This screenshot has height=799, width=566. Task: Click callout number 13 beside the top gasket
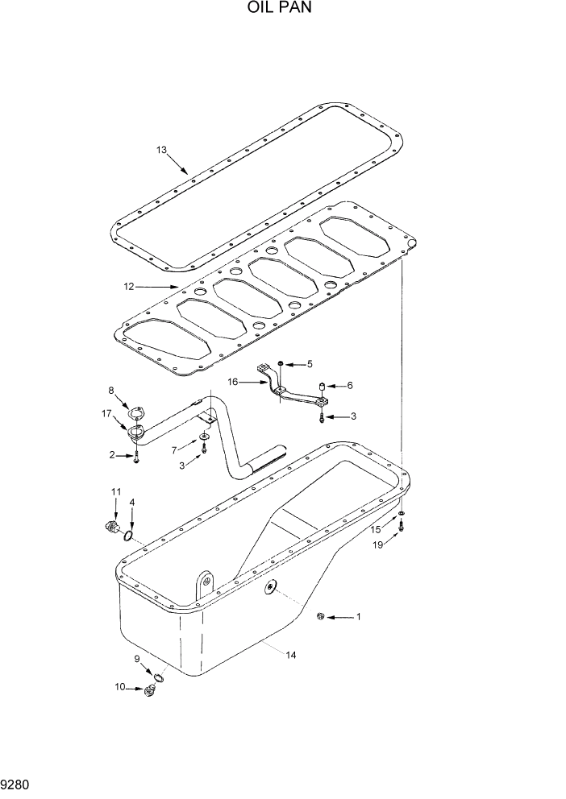click(161, 150)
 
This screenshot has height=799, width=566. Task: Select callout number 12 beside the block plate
click(128, 287)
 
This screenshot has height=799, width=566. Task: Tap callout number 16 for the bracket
click(232, 383)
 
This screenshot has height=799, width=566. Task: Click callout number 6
click(350, 386)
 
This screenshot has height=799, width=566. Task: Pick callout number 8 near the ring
click(112, 391)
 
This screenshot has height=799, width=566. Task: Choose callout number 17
click(106, 415)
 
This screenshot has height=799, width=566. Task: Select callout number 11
click(115, 491)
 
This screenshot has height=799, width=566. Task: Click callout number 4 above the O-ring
click(132, 503)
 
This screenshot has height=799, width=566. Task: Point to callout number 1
click(359, 618)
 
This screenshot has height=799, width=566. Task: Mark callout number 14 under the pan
click(291, 656)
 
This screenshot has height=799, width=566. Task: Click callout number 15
click(376, 529)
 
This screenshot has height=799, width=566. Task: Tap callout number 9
click(137, 659)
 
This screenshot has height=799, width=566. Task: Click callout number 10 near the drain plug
click(120, 687)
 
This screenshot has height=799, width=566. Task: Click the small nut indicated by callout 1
click(321, 617)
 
